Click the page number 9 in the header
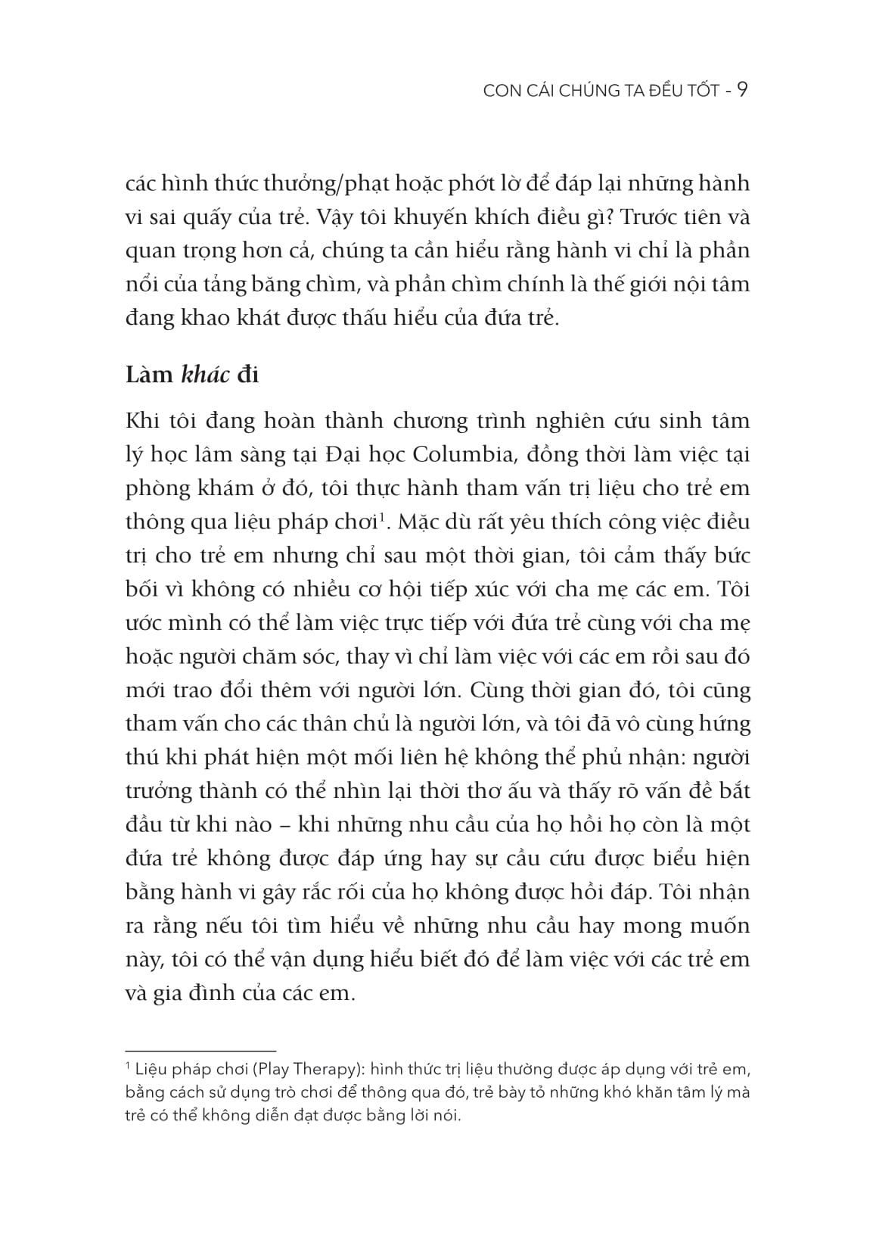point(742,91)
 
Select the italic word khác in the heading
point(207,375)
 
